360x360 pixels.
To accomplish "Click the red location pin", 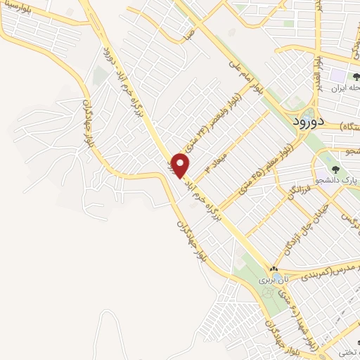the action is (181, 165).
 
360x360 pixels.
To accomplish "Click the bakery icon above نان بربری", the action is (274, 269).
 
